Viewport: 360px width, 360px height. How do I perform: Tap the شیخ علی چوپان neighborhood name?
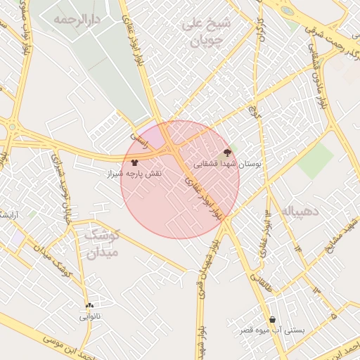click(207, 32)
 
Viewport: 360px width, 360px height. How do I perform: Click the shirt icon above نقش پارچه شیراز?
click(134, 162)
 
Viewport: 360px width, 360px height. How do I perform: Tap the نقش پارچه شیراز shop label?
click(134, 173)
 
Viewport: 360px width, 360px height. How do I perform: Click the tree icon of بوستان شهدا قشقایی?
click(227, 151)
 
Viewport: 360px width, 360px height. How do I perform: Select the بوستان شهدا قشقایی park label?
click(227, 162)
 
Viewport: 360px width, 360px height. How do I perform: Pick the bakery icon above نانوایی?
click(89, 306)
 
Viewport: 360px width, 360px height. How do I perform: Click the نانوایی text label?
click(89, 317)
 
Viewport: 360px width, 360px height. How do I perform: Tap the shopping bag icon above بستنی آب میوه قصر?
click(272, 319)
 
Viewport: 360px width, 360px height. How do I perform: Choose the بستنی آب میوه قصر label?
click(273, 330)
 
